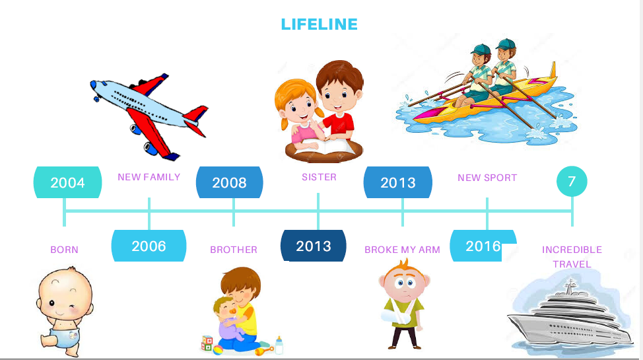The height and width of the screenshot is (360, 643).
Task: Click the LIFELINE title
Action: [x=319, y=24]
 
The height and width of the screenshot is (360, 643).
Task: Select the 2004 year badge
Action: [x=67, y=182]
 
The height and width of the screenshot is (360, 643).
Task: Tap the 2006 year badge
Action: [x=149, y=246]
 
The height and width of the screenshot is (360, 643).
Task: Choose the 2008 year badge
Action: [x=230, y=182]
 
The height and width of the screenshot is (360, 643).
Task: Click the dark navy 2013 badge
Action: [x=314, y=246]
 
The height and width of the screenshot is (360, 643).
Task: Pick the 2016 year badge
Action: [x=483, y=246]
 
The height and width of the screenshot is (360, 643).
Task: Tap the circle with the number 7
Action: [x=572, y=181]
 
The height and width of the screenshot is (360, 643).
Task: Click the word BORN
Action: [x=65, y=250]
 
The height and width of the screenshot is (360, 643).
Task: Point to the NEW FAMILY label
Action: [x=149, y=177]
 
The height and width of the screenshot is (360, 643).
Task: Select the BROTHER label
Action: [x=234, y=250]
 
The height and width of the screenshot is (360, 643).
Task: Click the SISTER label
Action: [x=319, y=177]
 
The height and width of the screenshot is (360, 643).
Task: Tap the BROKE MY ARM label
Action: [x=402, y=250]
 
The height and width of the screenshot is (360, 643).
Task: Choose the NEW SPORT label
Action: [x=487, y=178]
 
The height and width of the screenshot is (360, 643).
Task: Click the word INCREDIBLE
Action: [x=572, y=250]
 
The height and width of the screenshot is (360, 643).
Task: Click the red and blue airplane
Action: [x=150, y=116]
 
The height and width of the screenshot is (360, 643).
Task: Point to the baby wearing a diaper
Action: [x=65, y=311]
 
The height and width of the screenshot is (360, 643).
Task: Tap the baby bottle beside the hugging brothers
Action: [x=279, y=345]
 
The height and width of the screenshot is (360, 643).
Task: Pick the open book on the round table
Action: [x=325, y=147]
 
